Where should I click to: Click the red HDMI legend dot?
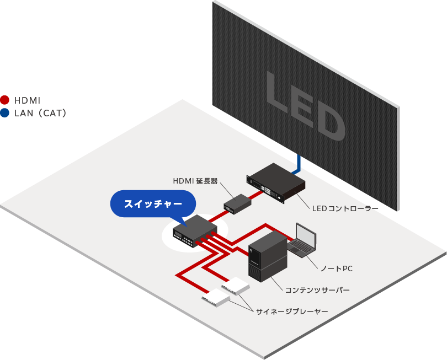(x=5, y=100)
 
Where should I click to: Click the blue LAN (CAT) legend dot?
(x=5, y=113)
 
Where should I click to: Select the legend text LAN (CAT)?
(x=40, y=114)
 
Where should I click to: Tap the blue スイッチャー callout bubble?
(x=153, y=203)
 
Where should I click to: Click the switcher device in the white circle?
(x=194, y=230)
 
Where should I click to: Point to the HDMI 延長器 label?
(x=195, y=180)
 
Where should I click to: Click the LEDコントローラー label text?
(x=345, y=209)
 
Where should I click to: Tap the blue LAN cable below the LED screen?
(x=299, y=163)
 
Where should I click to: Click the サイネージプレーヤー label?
(x=292, y=312)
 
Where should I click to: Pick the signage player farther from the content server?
(x=216, y=298)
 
